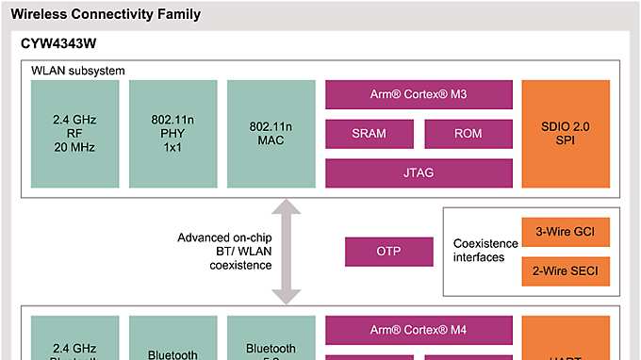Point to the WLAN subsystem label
[x=78, y=71]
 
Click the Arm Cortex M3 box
[x=419, y=94]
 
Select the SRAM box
[x=369, y=134]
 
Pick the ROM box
[x=468, y=134]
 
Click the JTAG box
[x=419, y=172]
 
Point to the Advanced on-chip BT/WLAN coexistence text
[x=224, y=252]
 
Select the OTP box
[x=388, y=252]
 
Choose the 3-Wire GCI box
[x=566, y=231]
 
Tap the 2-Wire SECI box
[x=566, y=271]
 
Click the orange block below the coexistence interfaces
[x=566, y=339]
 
